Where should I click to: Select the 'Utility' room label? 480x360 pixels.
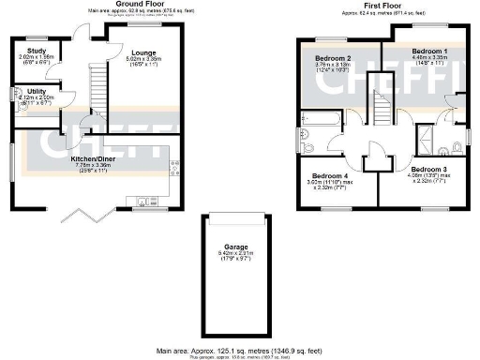37,89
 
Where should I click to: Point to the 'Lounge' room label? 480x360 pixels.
144,51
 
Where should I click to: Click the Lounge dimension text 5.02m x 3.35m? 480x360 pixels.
144,59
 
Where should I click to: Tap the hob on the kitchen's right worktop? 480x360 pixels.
174,167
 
